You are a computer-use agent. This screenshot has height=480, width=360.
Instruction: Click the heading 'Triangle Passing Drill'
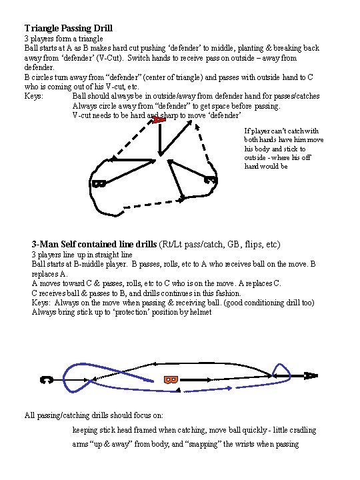(68, 29)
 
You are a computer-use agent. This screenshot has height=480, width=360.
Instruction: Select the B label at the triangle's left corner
(99, 183)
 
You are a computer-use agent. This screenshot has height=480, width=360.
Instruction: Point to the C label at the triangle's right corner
(210, 179)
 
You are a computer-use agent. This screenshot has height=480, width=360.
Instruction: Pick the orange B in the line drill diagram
(171, 379)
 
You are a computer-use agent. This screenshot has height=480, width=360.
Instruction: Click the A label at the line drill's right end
(311, 375)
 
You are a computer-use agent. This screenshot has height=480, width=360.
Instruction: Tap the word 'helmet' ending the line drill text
(198, 312)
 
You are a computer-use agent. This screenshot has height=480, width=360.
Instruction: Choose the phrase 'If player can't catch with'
(281, 131)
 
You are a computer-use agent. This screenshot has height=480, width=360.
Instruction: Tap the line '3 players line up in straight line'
(83, 255)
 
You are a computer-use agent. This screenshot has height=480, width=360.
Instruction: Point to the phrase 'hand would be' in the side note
(266, 167)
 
